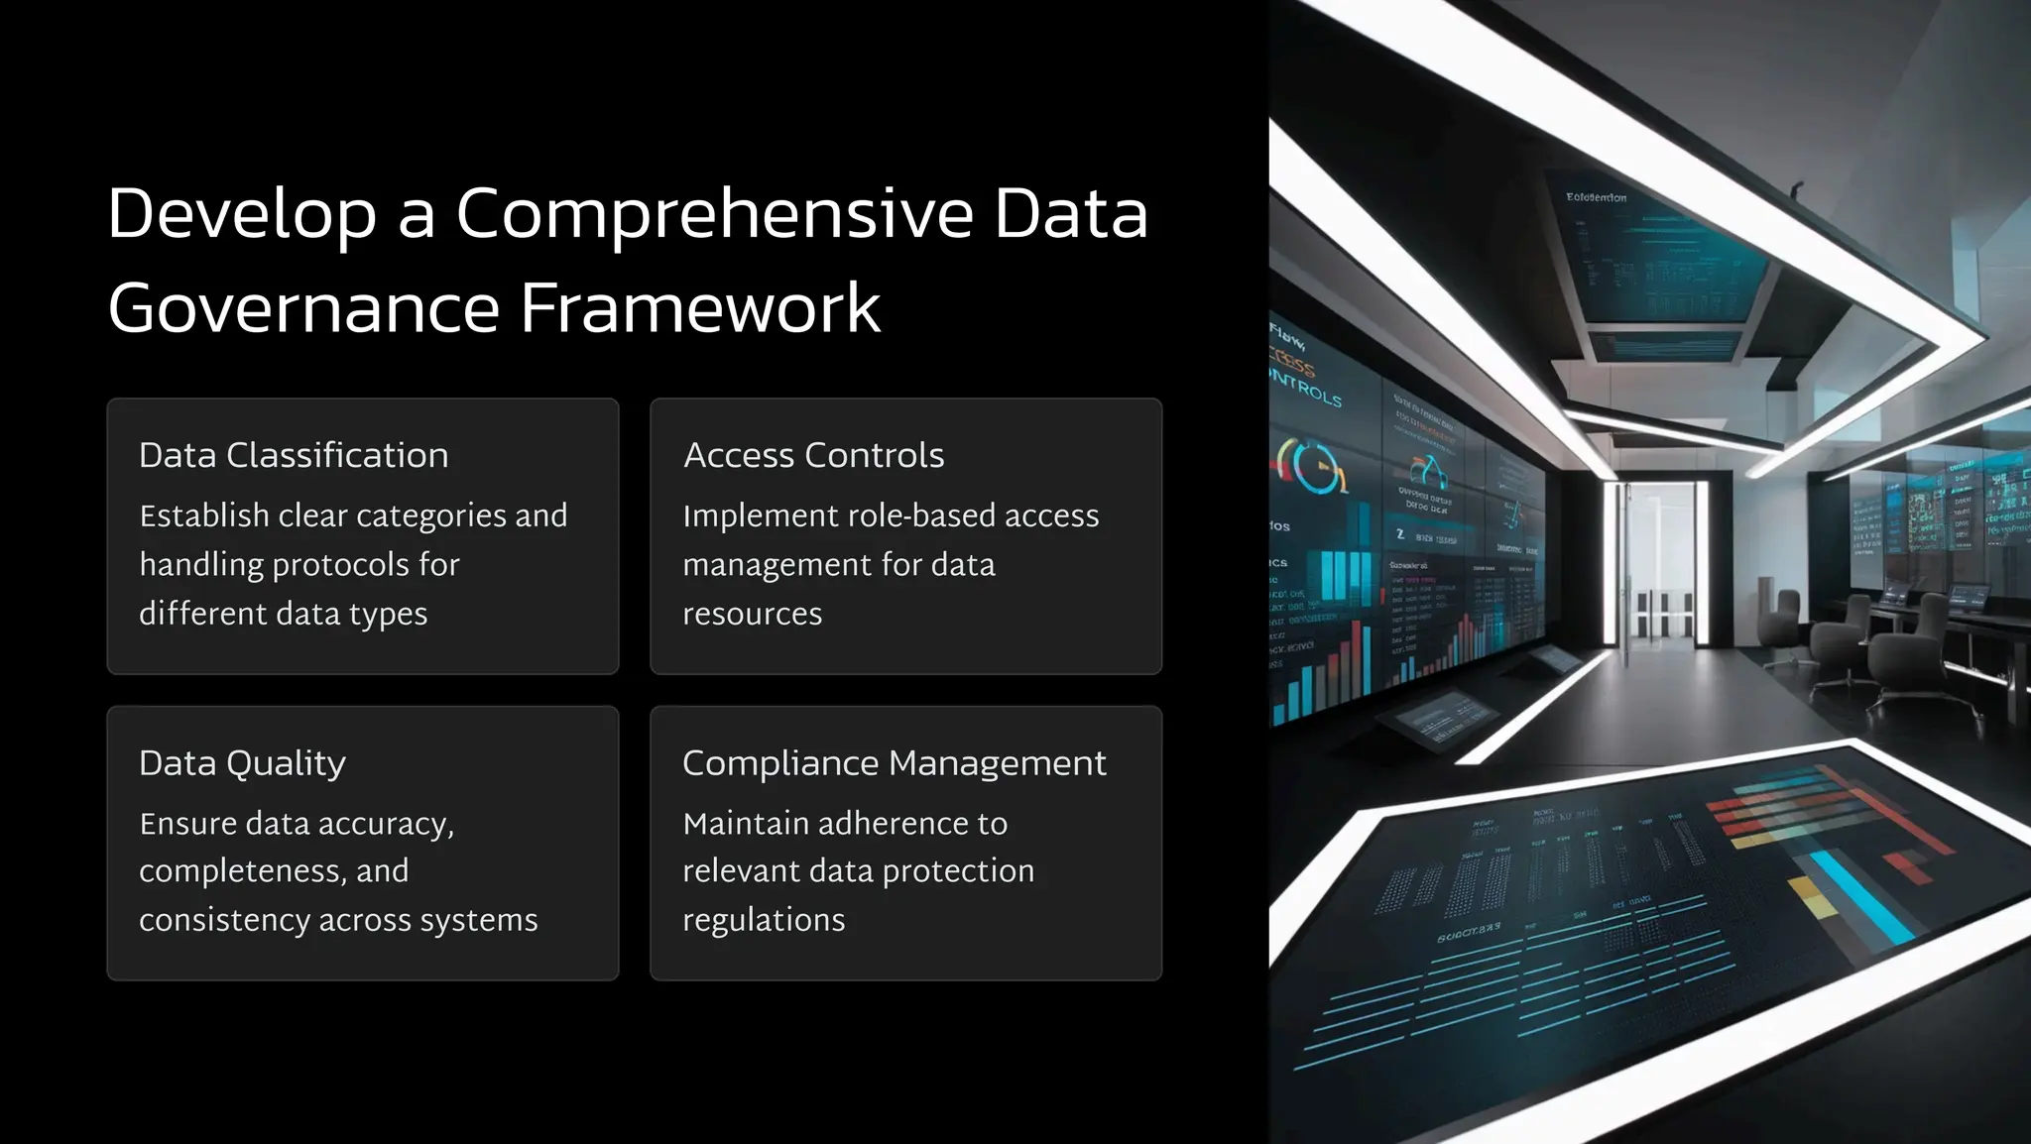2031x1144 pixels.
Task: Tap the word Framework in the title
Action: (700, 308)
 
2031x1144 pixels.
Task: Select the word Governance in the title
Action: (303, 308)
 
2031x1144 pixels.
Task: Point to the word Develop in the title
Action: (242, 214)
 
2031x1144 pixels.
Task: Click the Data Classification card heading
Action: (294, 455)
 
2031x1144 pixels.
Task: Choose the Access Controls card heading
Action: (813, 455)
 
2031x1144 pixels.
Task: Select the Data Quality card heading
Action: (242, 762)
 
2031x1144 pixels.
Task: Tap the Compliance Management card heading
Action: (894, 762)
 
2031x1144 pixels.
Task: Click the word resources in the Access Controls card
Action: (752, 614)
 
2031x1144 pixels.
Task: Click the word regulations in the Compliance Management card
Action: (764, 920)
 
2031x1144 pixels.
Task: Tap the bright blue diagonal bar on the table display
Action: (1859, 898)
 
